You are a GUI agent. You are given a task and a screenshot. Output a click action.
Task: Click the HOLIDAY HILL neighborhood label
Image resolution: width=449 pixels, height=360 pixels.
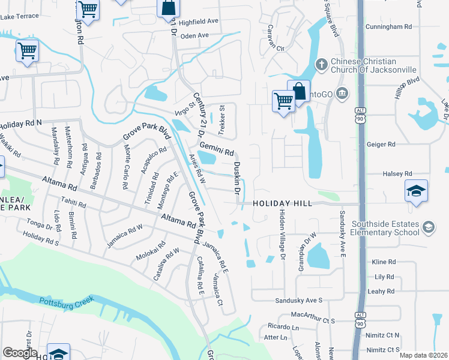(282, 204)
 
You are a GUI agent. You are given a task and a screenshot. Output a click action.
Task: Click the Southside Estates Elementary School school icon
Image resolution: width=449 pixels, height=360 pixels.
(429, 226)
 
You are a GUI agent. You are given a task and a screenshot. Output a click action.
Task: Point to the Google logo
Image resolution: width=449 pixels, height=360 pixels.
(20, 353)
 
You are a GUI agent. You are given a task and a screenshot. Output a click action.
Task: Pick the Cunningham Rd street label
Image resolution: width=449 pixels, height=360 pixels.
(391, 27)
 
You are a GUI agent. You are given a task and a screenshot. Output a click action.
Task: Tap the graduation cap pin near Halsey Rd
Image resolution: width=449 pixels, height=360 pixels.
(416, 191)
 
